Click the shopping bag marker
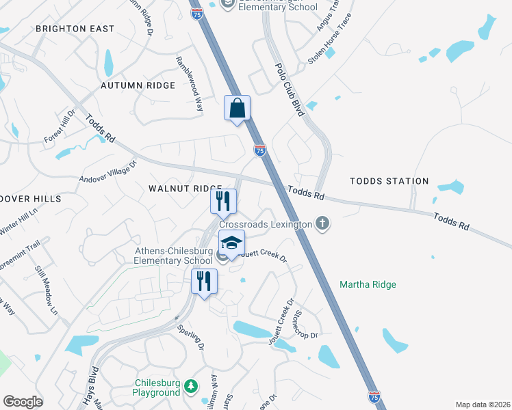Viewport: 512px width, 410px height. point(237,109)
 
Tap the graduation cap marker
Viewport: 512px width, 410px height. point(231,244)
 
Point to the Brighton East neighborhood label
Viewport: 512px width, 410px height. point(75,29)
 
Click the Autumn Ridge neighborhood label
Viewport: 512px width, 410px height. point(138,85)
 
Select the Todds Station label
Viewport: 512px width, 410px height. point(389,181)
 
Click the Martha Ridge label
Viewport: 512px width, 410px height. point(368,284)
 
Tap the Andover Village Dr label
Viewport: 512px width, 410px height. point(108,172)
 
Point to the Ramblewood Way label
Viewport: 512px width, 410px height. point(190,83)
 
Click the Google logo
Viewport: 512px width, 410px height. point(23,402)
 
